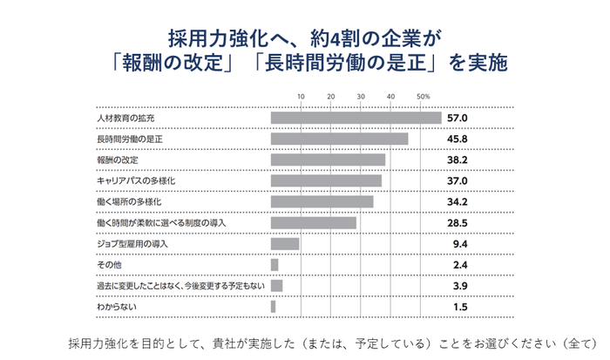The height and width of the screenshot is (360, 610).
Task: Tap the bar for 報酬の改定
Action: [328, 160]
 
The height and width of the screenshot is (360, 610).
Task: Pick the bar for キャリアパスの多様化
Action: [326, 181]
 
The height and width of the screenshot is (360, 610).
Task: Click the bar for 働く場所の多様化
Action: [322, 202]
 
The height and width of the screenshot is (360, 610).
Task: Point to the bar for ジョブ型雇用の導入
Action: [285, 244]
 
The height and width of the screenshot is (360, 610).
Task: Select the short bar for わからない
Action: [274, 307]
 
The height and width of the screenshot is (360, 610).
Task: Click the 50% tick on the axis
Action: [424, 96]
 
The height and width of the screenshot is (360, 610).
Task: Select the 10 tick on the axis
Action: [301, 96]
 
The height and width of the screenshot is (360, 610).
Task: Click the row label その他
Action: [108, 265]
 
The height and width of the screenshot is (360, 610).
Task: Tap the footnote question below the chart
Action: [335, 340]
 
